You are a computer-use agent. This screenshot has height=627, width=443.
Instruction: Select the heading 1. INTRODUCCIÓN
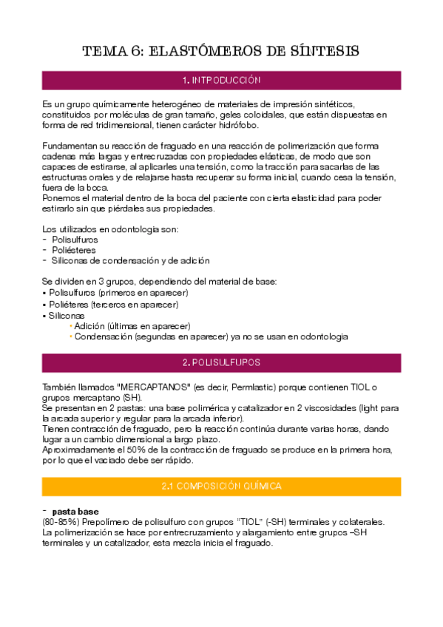coord(221,80)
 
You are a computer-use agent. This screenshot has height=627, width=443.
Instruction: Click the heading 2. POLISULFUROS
coord(221,363)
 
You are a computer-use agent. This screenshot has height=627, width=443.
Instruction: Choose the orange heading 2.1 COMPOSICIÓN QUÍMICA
coord(221,487)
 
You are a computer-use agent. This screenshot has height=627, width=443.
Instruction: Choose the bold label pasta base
coord(75,512)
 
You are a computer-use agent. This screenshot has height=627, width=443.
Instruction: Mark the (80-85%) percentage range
coord(60,522)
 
